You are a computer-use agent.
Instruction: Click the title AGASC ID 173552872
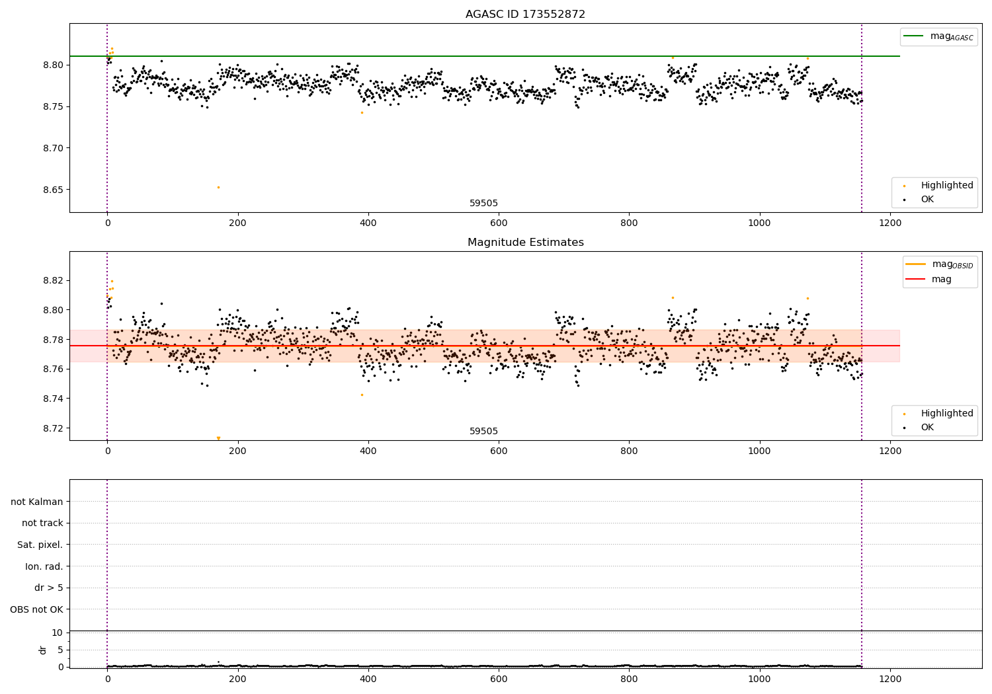[525, 15]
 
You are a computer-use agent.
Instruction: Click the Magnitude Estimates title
[525, 243]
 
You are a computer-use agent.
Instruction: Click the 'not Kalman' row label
[37, 502]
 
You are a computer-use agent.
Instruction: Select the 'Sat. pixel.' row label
[40, 545]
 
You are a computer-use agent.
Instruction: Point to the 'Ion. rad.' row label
[44, 566]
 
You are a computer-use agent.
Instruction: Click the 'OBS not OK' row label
[36, 609]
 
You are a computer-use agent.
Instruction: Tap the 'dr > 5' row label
[48, 588]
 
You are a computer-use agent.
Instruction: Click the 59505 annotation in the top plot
[483, 204]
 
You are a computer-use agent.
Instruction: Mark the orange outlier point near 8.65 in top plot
[218, 187]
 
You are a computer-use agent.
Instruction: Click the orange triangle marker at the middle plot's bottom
[218, 438]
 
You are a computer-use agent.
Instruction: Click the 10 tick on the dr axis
[58, 633]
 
